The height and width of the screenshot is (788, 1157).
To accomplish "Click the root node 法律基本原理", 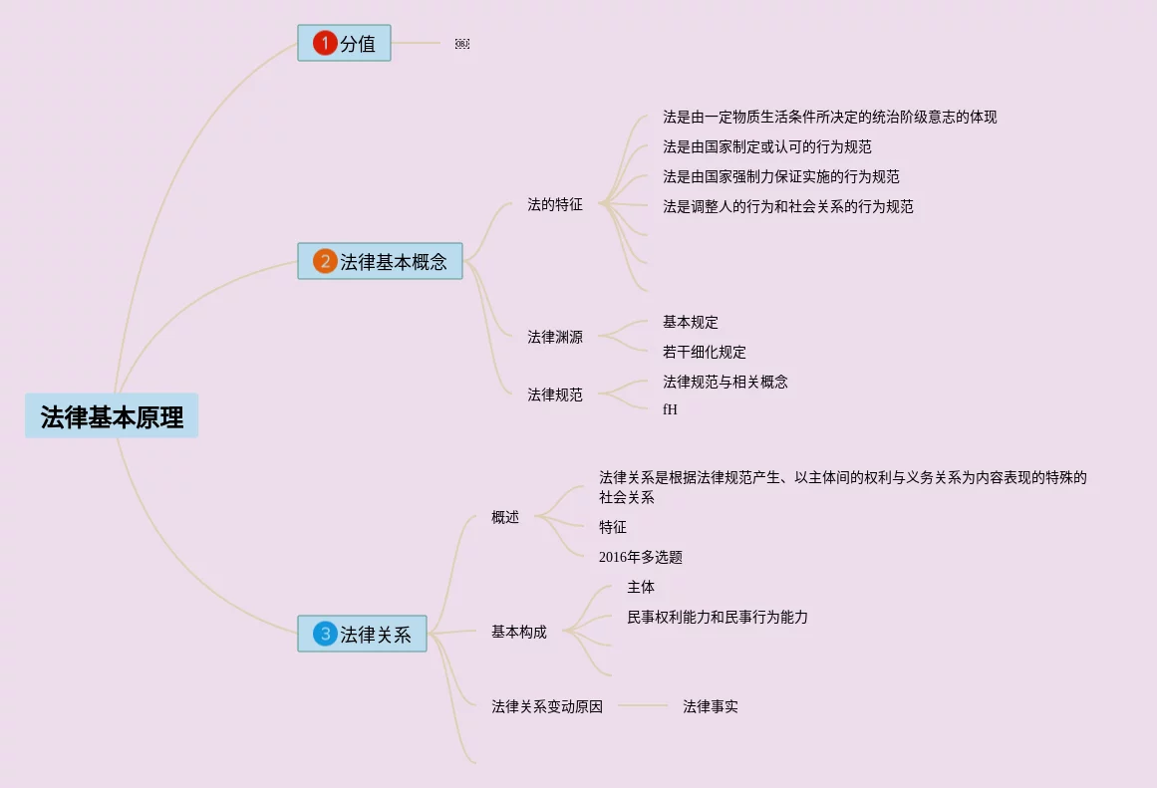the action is tap(112, 416).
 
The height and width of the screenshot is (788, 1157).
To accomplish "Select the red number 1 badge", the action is tap(325, 43).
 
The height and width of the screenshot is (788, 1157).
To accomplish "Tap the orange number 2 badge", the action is tap(325, 261).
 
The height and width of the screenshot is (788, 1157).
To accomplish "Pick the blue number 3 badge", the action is tap(325, 634).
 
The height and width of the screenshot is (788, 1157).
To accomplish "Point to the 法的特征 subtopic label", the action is tap(555, 205).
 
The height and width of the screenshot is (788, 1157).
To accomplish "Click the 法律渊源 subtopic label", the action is tap(555, 337).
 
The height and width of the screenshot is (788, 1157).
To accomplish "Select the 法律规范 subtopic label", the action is tap(555, 394).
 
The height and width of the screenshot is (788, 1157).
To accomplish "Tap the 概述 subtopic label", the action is tap(505, 517).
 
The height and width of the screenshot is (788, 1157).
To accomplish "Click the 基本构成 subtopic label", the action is tap(518, 632).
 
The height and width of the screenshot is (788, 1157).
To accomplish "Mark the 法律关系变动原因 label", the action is tap(547, 706).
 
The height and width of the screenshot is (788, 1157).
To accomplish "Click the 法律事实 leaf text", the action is tap(711, 706).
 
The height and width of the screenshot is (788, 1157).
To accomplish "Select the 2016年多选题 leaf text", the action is tap(641, 557).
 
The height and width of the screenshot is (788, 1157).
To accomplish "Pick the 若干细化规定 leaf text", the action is tap(705, 352).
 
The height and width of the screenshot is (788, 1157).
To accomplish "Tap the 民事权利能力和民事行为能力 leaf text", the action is tap(718, 617).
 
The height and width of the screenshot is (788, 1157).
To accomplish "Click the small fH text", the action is tap(670, 409).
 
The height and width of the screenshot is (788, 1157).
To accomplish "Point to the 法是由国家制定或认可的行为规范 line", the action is tap(767, 146).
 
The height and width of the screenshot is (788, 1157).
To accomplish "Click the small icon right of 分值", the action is tap(462, 44).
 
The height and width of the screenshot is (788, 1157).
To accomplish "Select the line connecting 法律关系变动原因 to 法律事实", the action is tap(643, 706).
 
